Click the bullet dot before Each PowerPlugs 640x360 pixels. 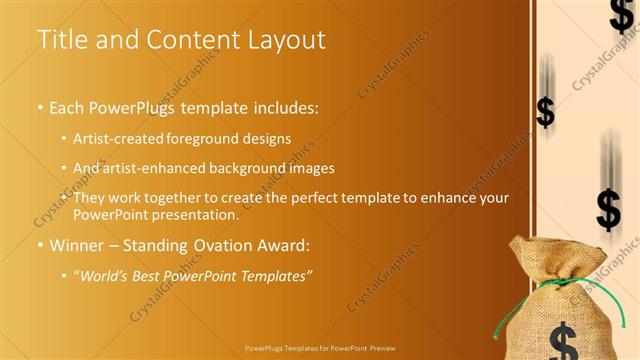click(x=39, y=106)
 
